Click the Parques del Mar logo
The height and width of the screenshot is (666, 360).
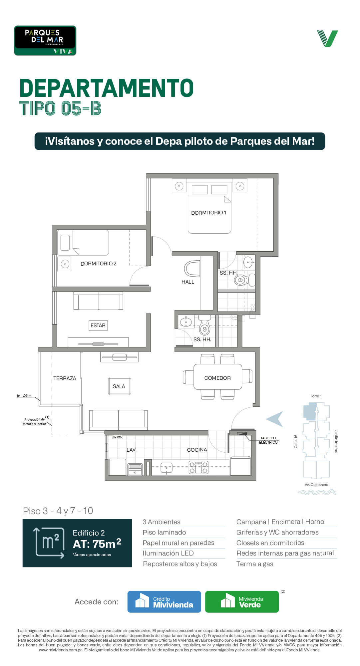coord(45,41)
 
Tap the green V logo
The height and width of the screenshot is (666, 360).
coord(327,39)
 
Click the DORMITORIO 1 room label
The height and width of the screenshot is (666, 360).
coord(208,213)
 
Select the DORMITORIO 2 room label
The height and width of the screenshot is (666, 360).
coord(98,264)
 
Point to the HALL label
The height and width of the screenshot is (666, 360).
coord(188,282)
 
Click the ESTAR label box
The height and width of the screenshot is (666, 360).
coord(98,326)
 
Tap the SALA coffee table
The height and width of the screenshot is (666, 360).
coord(119,386)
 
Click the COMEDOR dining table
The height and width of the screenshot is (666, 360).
coord(218,377)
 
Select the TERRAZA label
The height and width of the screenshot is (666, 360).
coord(65,378)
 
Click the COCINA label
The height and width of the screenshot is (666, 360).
coord(197,450)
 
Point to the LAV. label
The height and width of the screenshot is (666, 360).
coord(132,450)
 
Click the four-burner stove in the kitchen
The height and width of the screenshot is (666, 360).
coord(198,467)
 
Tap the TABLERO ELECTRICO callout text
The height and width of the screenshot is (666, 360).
coord(268,440)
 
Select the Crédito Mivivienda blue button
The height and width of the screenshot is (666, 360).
coord(164,602)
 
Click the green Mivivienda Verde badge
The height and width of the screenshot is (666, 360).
coord(242,602)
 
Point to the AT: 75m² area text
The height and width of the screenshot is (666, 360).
coord(97,544)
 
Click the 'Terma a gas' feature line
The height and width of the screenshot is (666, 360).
coord(255,564)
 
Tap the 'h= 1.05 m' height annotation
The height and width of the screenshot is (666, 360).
coord(24,396)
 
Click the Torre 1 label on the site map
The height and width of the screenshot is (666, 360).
coord(316,396)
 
